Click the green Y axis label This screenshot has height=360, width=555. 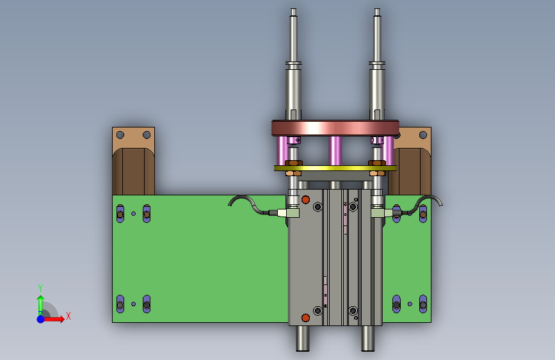40,288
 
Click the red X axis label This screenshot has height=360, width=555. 68,316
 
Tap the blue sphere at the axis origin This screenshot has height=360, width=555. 41,319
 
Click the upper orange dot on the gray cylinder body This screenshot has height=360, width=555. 305,200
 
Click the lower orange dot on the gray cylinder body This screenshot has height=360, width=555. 305,318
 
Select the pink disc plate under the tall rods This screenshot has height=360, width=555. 335,128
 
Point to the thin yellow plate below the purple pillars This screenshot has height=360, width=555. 335,168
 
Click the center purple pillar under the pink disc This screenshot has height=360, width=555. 335,151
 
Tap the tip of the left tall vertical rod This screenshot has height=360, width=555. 293,9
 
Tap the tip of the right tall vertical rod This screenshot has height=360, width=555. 377,9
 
